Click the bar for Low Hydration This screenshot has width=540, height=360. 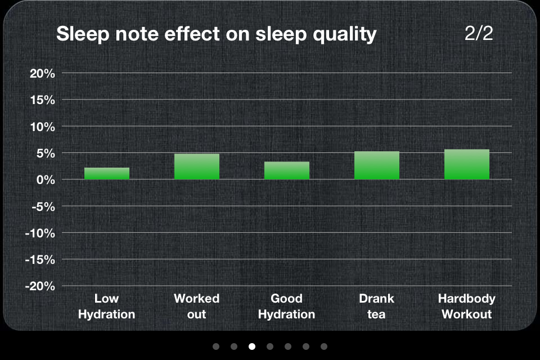tap(107, 173)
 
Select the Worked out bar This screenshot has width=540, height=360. tap(197, 166)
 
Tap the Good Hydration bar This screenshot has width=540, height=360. tap(286, 170)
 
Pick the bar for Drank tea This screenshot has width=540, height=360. tap(377, 165)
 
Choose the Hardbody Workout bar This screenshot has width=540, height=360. tap(467, 164)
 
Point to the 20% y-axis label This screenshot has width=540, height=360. tap(42, 73)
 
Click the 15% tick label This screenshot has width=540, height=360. tap(42, 100)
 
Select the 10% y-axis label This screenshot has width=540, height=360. tap(42, 127)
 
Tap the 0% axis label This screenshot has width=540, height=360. tap(46, 180)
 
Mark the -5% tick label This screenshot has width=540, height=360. tap(43, 206)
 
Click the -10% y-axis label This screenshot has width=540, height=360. tap(40, 233)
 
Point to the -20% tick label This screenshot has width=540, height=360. tap(40, 286)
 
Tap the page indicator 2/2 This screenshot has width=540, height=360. tap(479, 33)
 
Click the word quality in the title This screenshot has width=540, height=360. tap(344, 35)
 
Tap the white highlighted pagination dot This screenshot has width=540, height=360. tap(252, 346)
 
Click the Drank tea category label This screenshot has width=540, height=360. tap(376, 306)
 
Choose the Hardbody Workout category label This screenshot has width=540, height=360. tap(467, 306)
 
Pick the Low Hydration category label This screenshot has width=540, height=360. tap(106, 306)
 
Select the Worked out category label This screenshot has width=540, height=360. tap(197, 306)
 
